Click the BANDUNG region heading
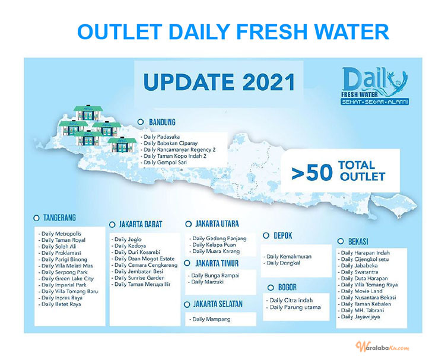coord(166,122)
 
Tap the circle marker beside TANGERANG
coord(36,218)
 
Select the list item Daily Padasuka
coord(164,137)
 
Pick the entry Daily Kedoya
coord(131,246)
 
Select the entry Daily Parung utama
coord(295,307)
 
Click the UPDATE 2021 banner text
coord(215,81)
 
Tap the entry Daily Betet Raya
coord(62,304)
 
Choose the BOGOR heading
coord(287,287)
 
